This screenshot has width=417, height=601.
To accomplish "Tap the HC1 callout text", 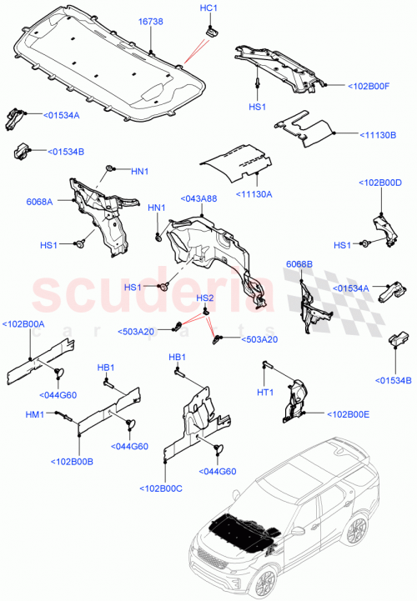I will (x=208, y=8).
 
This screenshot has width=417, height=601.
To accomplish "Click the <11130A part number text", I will (x=254, y=193).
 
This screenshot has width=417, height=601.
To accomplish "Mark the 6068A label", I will (x=39, y=201).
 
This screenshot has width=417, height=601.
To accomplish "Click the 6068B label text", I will (x=299, y=264).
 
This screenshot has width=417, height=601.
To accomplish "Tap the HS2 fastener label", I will (x=205, y=298).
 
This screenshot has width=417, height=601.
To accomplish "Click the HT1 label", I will (x=265, y=393).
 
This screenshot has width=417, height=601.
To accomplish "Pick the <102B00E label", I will (x=350, y=414).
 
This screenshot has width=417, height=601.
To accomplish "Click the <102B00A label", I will (x=23, y=324).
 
